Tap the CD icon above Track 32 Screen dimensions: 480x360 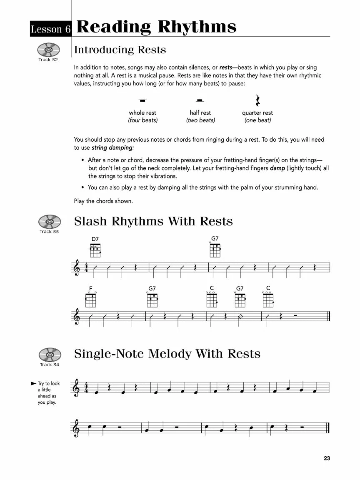pos(49,50)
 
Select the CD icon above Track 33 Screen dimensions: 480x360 pos(49,221)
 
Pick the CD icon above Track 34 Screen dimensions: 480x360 pos(50,355)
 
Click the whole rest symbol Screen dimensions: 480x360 pos(142,100)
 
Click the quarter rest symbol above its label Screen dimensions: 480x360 pos(257,100)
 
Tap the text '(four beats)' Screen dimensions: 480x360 pos(142,120)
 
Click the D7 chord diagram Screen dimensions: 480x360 pos(95,250)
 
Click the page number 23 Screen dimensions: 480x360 pos(327,458)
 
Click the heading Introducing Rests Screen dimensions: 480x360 pos(120,50)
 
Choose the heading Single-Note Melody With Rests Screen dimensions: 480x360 pos(167,354)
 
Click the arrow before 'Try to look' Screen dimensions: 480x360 pos(33,383)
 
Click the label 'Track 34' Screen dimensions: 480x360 pos(49,365)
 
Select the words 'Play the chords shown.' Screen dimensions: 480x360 pos(103,201)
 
